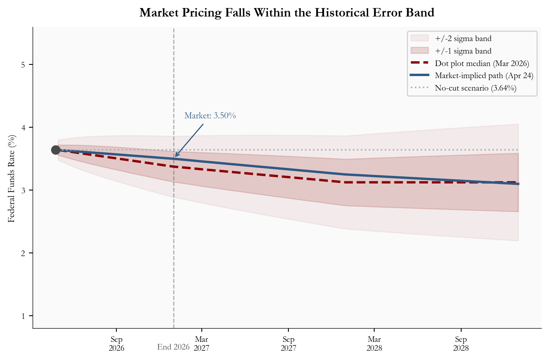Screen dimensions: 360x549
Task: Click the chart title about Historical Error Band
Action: pos(287,13)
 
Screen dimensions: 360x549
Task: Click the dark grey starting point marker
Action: pos(56,150)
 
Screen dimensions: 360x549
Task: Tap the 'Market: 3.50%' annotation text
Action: pos(210,116)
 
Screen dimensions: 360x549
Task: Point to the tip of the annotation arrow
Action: pos(175,157)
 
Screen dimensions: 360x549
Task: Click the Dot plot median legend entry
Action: pos(482,63)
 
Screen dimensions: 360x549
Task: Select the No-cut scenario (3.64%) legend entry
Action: pos(475,88)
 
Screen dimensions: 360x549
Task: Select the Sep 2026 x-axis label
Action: pos(116,343)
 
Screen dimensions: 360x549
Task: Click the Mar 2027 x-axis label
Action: pos(202,343)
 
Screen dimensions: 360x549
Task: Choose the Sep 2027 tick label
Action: pos(288,343)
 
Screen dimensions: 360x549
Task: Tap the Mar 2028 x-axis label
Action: pos(374,343)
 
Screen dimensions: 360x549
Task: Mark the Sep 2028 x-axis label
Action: pos(461,343)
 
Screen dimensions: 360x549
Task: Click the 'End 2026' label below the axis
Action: pos(173,347)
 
